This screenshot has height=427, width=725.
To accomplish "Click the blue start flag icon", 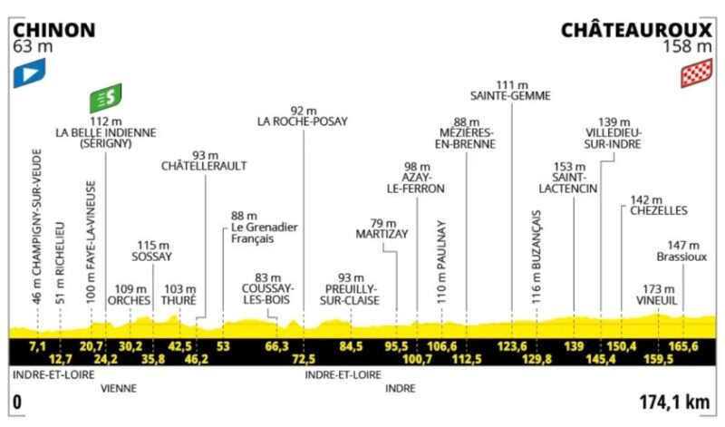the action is coord(29,73).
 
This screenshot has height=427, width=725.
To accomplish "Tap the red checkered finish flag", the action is coord(696,73).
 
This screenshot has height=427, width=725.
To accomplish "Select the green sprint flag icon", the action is coord(106,98).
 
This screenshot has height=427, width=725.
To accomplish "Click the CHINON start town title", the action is coord(54,31).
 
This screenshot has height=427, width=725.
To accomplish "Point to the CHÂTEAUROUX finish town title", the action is coord(636,30).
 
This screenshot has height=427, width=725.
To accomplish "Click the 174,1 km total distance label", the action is coord(674,402).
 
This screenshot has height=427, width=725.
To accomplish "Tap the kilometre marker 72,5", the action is coord(304,359).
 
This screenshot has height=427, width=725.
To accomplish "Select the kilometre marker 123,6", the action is coord(512,346).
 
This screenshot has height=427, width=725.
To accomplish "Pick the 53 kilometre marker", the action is coord(223,346).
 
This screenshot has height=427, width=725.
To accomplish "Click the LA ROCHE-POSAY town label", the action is coord(303,121).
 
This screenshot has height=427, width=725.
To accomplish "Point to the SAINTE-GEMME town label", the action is coord(510,96).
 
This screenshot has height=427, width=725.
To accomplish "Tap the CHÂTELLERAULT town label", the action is coord(204,166).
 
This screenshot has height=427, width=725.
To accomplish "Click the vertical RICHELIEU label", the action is coord(60,263).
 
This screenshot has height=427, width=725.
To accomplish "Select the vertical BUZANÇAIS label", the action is coord(536,257).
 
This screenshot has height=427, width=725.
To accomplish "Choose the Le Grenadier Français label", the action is coord(265,233).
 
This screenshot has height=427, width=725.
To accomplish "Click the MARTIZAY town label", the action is coord(382,234).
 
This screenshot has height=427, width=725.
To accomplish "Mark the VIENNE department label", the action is coord(119,389).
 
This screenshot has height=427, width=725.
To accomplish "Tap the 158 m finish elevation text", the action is coord(688,47).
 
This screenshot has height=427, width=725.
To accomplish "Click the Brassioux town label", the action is coord(682,257).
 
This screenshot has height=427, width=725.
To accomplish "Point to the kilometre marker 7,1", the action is coord(37,346).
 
